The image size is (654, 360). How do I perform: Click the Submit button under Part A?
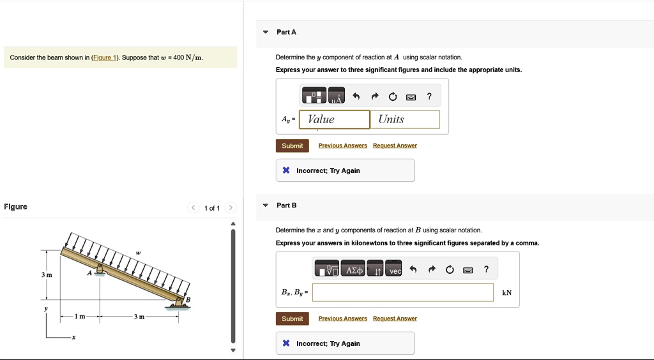pyautogui.click(x=292, y=146)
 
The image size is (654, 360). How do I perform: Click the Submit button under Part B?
pyautogui.click(x=292, y=319)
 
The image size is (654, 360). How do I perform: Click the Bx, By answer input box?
pyautogui.click(x=402, y=292)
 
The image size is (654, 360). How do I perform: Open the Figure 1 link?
pyautogui.click(x=105, y=58)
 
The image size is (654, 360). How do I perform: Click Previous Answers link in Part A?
pyautogui.click(x=342, y=146)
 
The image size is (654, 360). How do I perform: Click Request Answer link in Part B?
pyautogui.click(x=395, y=319)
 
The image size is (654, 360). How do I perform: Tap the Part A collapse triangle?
pyautogui.click(x=266, y=32)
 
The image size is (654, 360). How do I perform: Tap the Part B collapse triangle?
pyautogui.click(x=266, y=206)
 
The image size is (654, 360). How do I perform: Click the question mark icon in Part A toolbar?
pyautogui.click(x=429, y=96)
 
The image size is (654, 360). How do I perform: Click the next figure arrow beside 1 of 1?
pyautogui.click(x=231, y=207)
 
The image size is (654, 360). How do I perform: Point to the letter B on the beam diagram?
pyautogui.click(x=188, y=299)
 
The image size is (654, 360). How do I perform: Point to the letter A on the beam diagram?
pyautogui.click(x=90, y=272)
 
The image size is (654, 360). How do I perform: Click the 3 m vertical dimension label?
pyautogui.click(x=47, y=274)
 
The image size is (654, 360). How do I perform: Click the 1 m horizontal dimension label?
pyautogui.click(x=80, y=317)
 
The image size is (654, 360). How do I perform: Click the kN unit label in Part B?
pyautogui.click(x=507, y=293)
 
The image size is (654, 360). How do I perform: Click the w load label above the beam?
pyautogui.click(x=137, y=254)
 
